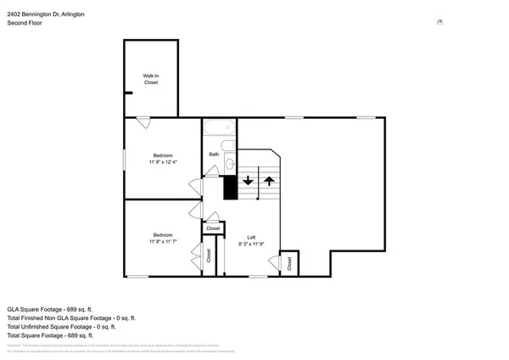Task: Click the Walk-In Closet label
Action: point(150,79)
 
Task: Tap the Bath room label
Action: point(214,154)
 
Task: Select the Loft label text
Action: point(251,237)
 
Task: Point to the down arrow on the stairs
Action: point(248,180)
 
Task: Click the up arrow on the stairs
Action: point(269,180)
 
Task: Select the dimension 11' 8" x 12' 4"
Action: point(163,160)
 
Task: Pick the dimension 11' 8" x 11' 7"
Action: point(163,240)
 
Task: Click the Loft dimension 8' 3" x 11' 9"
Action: point(251,243)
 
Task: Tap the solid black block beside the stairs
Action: point(229,188)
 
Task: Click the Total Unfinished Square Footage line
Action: point(61,326)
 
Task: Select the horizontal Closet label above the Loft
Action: point(213,228)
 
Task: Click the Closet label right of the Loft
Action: point(289,263)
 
